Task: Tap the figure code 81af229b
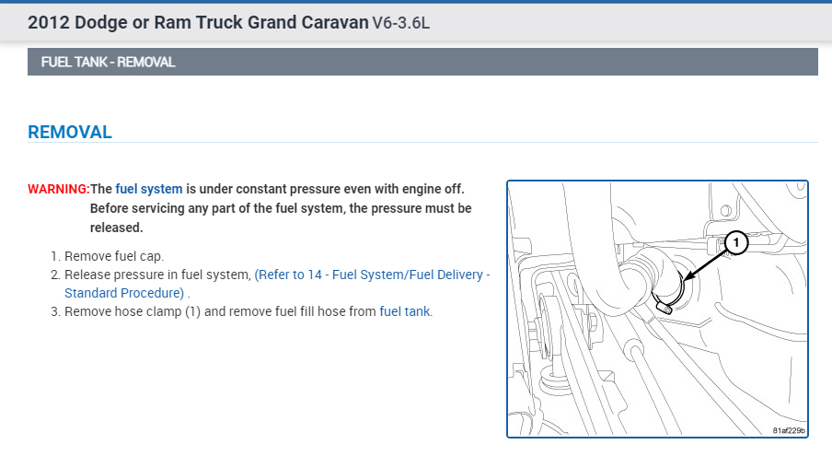[x=789, y=430]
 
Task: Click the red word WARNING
[x=59, y=189]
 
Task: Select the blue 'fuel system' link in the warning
[x=149, y=189]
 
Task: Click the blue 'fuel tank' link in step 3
[x=404, y=311]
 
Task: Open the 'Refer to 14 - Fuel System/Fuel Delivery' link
[x=373, y=275]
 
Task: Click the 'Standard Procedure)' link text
[x=124, y=293]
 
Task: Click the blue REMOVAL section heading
[x=70, y=132]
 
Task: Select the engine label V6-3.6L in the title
[x=400, y=21]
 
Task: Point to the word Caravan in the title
[x=329, y=21]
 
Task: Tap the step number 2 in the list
[x=54, y=275]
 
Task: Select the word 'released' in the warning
[x=116, y=227]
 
